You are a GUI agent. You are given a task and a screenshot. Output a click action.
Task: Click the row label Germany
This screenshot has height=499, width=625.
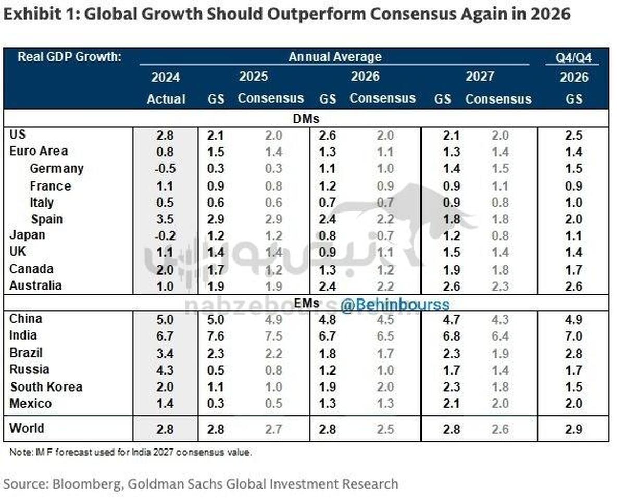click(56, 169)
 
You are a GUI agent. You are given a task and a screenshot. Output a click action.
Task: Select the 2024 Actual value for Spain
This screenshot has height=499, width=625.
click(166, 219)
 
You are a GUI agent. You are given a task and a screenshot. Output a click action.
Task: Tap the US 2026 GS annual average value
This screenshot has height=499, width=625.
click(327, 136)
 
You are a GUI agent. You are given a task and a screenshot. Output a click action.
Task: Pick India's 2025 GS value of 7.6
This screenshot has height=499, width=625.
click(215, 336)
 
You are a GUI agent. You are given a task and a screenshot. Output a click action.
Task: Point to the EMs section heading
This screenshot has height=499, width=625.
click(306, 303)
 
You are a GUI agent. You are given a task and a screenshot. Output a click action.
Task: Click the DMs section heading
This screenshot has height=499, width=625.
click(306, 119)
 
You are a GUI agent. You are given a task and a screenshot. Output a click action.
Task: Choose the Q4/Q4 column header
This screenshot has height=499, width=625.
click(573, 57)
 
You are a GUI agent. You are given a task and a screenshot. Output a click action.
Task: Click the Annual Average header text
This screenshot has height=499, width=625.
click(335, 57)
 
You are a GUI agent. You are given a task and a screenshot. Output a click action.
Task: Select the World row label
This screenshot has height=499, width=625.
click(27, 429)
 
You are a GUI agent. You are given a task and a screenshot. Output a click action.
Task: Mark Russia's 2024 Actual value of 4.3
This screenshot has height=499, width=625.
click(166, 370)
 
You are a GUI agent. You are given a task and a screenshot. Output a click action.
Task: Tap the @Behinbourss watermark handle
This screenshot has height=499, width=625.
click(394, 305)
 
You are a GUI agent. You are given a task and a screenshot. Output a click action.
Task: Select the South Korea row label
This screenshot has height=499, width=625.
click(46, 387)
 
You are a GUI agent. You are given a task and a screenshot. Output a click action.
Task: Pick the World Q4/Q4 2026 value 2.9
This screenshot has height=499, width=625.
click(573, 430)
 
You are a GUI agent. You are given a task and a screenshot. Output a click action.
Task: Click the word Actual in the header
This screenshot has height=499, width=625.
click(166, 99)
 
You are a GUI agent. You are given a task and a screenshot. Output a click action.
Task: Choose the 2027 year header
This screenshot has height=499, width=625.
click(479, 77)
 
